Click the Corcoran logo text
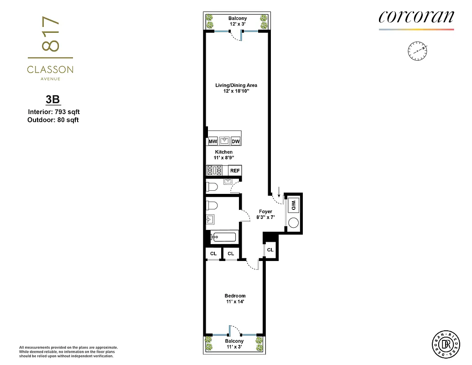coord(416,17)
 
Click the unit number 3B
coord(51,100)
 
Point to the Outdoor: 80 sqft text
coord(53,120)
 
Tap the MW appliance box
coord(213,142)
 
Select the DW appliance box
coord(235,142)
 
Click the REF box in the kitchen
coord(235,171)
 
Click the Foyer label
coord(265,212)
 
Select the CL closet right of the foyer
coord(270,250)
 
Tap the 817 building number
coord(50,36)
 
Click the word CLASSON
coord(50,70)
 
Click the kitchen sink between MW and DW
coord(224,141)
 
